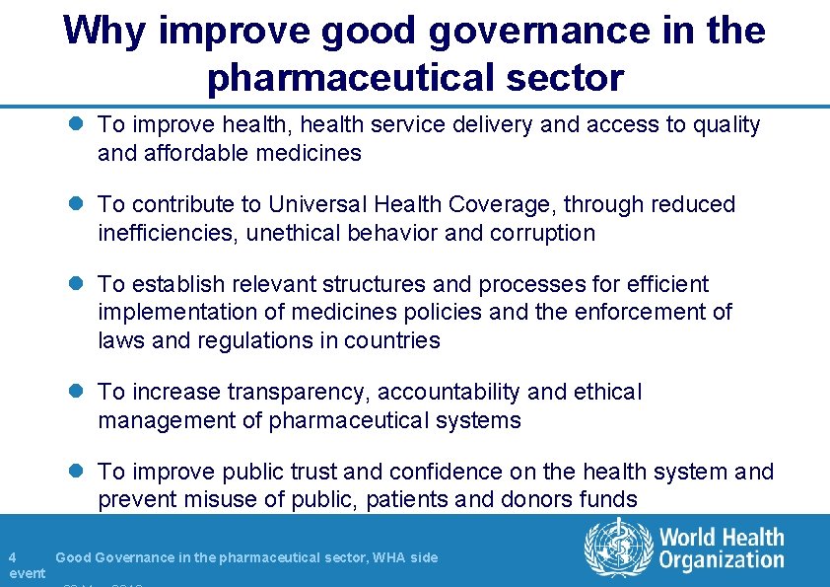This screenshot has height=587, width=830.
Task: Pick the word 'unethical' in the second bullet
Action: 287,233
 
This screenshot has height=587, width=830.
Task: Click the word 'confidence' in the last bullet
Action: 480,472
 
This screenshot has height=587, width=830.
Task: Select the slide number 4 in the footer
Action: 10,557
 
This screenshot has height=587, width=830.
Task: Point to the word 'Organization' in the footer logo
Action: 721,560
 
